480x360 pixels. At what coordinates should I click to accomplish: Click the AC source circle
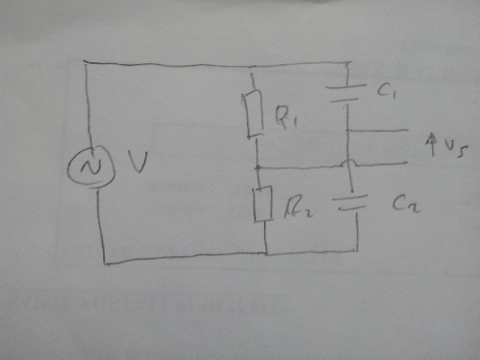pos(90,166)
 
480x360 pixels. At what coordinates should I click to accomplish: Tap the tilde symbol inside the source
pos(90,166)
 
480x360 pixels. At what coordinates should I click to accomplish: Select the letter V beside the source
pos(137,166)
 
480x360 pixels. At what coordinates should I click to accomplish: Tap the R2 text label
pos(294,206)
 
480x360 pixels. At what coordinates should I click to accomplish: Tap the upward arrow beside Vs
pos(429,145)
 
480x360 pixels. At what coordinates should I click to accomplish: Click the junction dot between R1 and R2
pos(258,168)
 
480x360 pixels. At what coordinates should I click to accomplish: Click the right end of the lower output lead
pos(408,164)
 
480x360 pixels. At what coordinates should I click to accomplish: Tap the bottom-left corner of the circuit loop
pos(103,261)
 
